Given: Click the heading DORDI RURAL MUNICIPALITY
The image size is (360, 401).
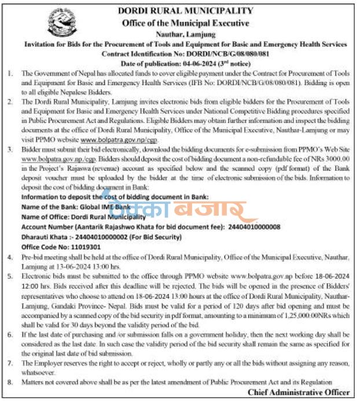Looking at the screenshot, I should [x=185, y=10].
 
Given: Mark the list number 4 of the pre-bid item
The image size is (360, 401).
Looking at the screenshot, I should [x=12, y=255].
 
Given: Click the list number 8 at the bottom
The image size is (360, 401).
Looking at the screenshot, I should [x=12, y=382].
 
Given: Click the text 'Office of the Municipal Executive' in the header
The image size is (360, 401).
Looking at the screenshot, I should [x=185, y=23].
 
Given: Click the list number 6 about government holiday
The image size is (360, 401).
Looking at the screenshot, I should [x=12, y=335].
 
